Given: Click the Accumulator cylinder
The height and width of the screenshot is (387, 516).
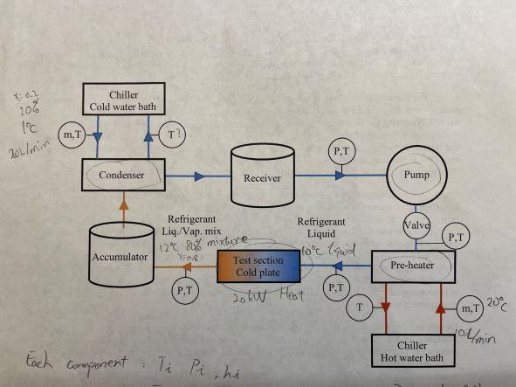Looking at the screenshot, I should click(x=122, y=257).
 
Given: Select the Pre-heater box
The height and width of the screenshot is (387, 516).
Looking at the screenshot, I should click(x=412, y=266).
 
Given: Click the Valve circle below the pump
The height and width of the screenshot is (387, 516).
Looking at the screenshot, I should click(x=412, y=225).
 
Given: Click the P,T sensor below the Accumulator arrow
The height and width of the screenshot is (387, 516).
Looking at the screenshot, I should click(x=184, y=288).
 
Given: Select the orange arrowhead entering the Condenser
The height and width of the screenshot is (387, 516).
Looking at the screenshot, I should click(x=123, y=200).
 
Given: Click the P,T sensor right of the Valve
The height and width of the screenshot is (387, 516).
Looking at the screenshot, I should click(x=455, y=236).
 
